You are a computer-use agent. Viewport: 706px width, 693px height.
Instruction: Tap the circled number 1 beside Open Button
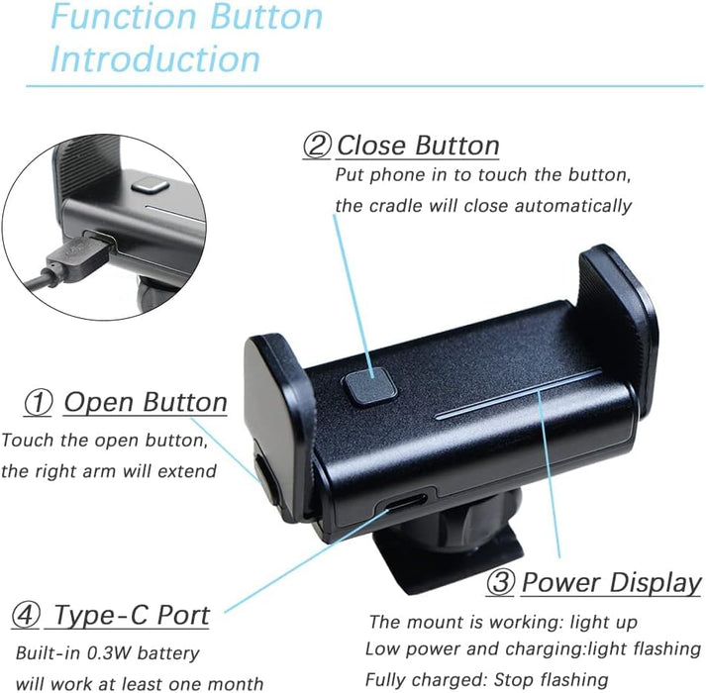point(38,403)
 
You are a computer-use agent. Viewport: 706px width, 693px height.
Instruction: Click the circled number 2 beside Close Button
point(316,146)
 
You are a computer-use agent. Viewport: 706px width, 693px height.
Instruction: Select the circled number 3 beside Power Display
point(500,583)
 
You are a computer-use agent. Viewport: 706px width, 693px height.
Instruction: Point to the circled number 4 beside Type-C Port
point(26,615)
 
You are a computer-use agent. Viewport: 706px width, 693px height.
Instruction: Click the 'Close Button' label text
point(417,146)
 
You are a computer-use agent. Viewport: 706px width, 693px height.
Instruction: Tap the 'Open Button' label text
point(145,403)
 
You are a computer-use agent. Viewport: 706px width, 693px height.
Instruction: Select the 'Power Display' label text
point(610,583)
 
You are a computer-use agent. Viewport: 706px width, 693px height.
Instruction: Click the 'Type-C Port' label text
point(131,615)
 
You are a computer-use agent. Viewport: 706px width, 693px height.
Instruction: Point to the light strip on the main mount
point(519,395)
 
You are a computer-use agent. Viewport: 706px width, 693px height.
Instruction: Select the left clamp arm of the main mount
point(278,416)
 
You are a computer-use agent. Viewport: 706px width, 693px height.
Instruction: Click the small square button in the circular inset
point(148,185)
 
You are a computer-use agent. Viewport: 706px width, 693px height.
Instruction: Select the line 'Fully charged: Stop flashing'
point(486,679)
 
